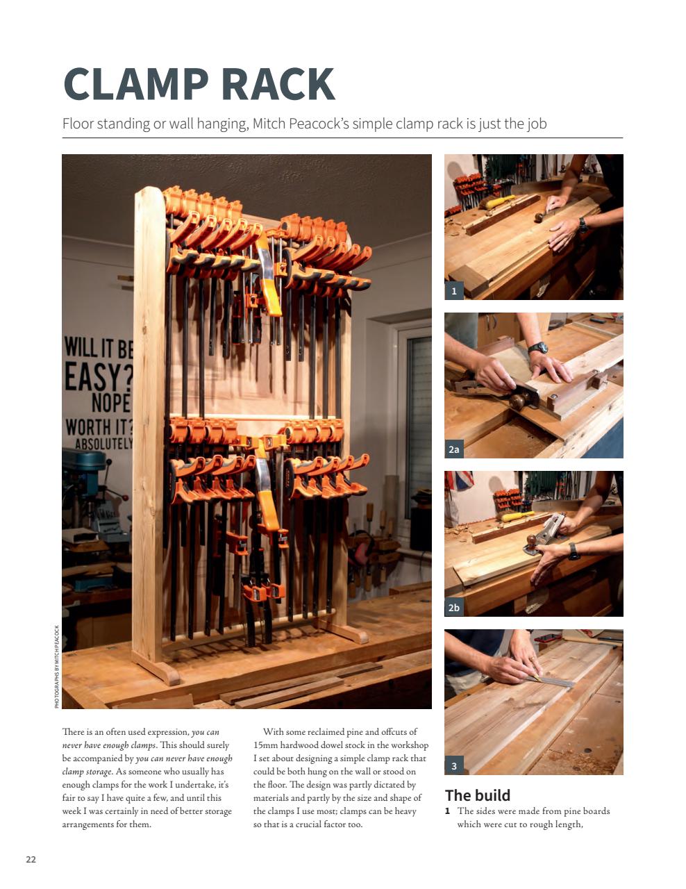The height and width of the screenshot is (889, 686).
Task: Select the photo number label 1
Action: click(x=454, y=291)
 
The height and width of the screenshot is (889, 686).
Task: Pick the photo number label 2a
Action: click(x=454, y=449)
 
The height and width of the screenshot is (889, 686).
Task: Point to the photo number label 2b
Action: click(x=454, y=608)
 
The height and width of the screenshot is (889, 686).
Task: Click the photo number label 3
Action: click(x=454, y=766)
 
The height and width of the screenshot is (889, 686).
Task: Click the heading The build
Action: click(x=477, y=795)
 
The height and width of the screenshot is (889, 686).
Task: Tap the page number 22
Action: click(x=31, y=859)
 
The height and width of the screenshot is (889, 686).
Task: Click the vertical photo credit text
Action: click(x=57, y=666)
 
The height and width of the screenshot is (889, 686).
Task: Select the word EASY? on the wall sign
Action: click(x=98, y=378)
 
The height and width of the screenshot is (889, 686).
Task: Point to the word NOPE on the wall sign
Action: click(x=110, y=404)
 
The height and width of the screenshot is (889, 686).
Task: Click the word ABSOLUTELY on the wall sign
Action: click(x=103, y=443)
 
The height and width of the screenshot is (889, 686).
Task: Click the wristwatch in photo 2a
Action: click(x=537, y=348)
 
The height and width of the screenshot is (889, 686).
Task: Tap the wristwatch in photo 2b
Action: click(x=574, y=551)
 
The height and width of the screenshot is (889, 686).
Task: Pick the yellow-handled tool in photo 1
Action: click(x=500, y=203)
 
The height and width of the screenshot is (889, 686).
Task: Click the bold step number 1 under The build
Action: click(x=448, y=811)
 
